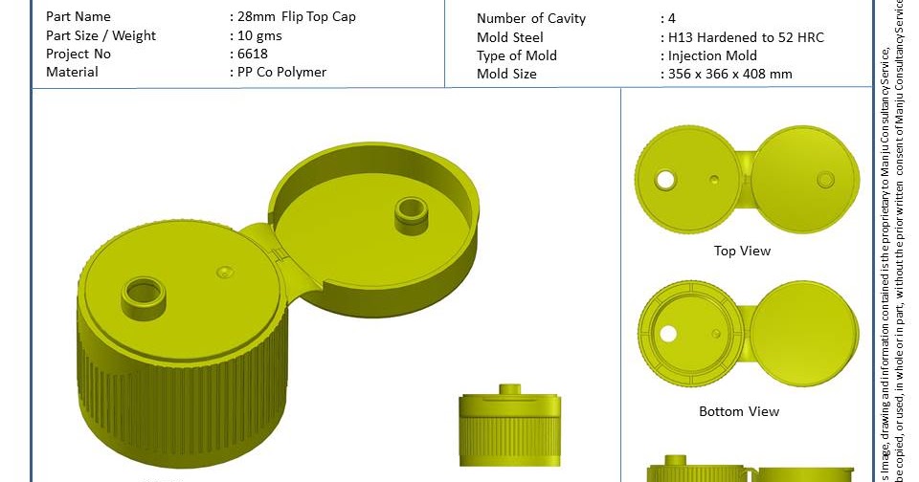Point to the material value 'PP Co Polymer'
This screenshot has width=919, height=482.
point(282,72)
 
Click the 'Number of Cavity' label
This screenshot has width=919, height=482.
point(531,19)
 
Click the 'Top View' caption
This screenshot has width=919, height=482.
point(742,251)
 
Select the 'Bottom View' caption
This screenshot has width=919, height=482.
point(739,411)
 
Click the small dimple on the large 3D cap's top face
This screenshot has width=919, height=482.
point(225,273)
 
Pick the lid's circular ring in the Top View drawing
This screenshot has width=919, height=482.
point(825,179)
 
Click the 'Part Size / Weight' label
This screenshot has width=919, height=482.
point(101,35)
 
